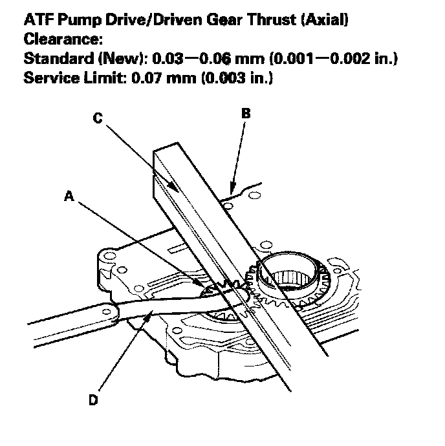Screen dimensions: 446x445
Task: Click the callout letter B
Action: tap(245, 113)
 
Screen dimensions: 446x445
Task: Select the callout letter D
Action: tap(93, 400)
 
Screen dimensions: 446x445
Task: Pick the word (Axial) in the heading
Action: tap(326, 21)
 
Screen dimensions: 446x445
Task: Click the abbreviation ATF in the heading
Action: tap(36, 21)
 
